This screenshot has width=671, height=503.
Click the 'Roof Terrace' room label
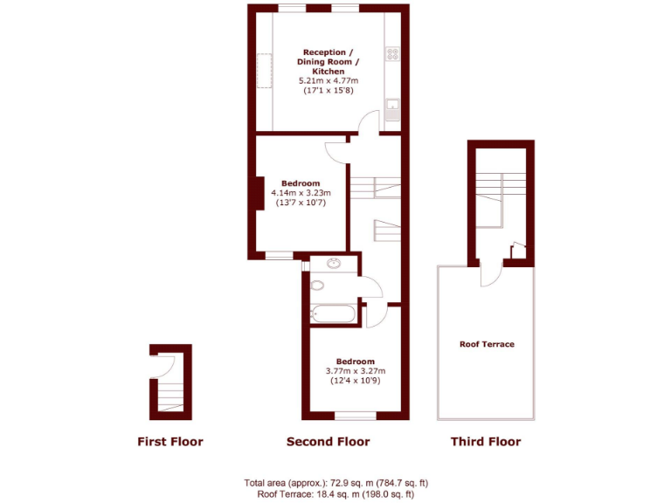tap(487, 344)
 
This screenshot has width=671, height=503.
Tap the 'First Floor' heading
tap(170, 442)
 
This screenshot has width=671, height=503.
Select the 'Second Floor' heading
tap(328, 442)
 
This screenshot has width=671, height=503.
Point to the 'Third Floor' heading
tap(485, 442)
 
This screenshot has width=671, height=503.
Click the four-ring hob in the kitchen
tap(393, 54)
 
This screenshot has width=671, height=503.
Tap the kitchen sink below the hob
tap(393, 108)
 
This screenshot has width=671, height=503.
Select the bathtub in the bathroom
tap(333, 314)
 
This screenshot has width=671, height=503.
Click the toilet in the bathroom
tap(317, 285)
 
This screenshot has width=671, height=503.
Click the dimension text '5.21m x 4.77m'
tap(329, 80)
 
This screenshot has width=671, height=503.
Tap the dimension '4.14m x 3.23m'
tap(301, 193)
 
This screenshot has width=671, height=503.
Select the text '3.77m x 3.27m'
tap(356, 371)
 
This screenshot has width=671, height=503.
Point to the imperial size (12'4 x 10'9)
tap(356, 382)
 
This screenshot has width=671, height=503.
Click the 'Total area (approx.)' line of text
tap(335, 482)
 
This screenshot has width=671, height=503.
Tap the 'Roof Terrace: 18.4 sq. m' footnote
tap(335, 494)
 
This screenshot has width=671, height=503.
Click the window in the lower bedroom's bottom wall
tap(356, 416)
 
